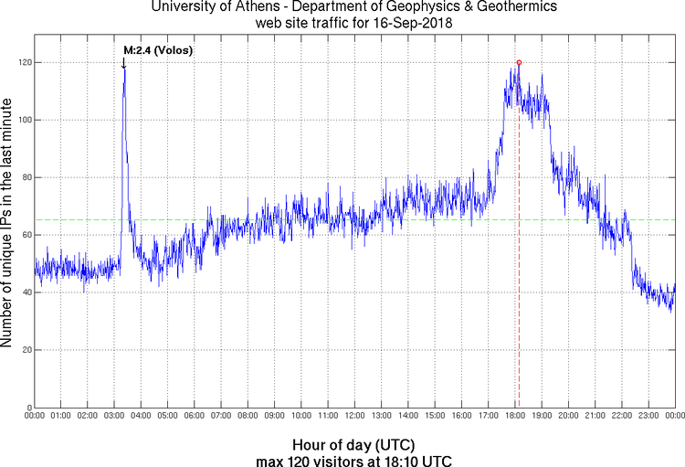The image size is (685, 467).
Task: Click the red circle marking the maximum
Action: click(519, 62)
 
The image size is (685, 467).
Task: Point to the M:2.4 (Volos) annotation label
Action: click(159, 49)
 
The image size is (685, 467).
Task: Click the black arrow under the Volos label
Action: click(124, 62)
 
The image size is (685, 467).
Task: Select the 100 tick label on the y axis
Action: click(21, 120)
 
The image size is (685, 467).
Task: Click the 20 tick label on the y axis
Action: click(24, 350)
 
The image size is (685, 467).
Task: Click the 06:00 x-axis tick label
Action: click(195, 417)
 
